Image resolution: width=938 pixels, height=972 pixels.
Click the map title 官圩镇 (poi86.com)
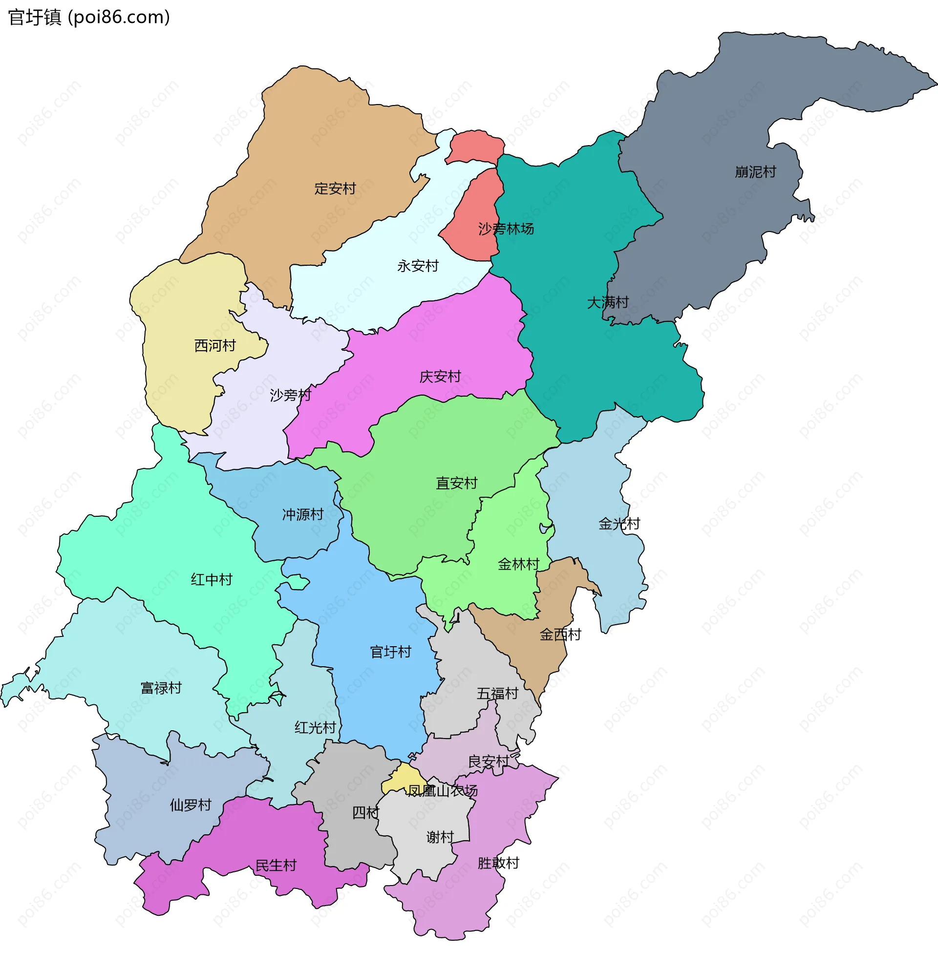pos(89,18)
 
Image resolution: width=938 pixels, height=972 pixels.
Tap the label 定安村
pos(335,189)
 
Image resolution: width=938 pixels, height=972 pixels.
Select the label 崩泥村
pos(755,172)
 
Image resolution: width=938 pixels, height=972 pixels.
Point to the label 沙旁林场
pos(506,229)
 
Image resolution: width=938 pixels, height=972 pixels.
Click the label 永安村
pos(418,266)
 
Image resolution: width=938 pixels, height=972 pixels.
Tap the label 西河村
pos(215,346)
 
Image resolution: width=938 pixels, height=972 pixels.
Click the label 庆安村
pos(440,377)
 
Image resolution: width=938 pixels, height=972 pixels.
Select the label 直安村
pos(456,483)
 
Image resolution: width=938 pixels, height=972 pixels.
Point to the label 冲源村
pos(302,514)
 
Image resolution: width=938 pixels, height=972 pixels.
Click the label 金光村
pos(619,524)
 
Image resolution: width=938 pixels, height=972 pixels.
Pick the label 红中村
pos(212,579)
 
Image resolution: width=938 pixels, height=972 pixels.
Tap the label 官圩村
pos(390,652)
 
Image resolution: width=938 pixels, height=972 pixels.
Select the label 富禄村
pos(161,688)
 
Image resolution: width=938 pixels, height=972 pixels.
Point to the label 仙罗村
pos(191,805)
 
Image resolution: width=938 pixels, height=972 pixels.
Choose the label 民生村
pos(276,866)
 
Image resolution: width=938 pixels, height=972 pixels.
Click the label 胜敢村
pos(498,864)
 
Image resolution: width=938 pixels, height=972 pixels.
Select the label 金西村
pos(560,635)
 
